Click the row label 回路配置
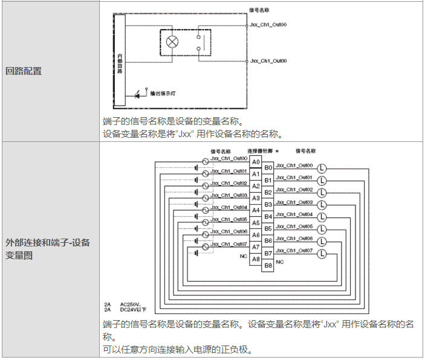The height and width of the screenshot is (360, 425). tap(24, 71)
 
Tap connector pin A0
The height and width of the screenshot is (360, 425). tap(256, 162)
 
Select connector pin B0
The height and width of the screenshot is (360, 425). tap(268, 168)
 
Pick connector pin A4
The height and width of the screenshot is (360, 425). tap(256, 210)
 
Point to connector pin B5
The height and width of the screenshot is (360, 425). tap(268, 228)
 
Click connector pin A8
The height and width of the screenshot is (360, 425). tap(256, 259)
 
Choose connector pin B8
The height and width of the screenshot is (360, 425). tap(268, 265)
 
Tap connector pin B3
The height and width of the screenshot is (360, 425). tap(268, 204)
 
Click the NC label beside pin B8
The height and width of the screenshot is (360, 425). tap(280, 262)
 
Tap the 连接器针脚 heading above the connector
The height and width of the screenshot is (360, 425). tap(260, 150)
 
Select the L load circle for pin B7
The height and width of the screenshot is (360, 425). tap(322, 252)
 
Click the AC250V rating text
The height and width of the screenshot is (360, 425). tap(131, 304)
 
